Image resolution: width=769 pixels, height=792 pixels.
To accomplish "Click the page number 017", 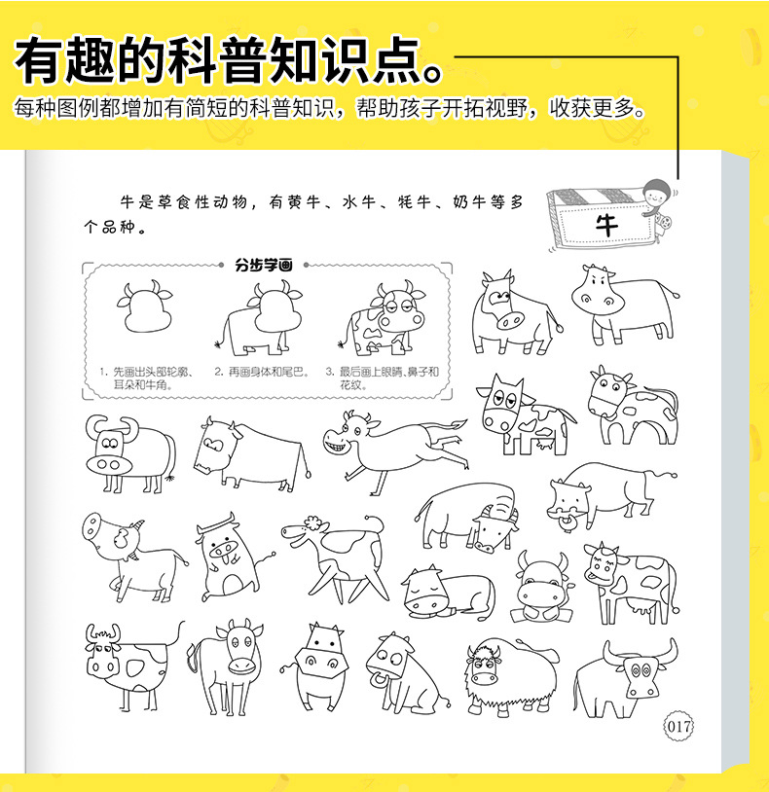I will tap(678, 725).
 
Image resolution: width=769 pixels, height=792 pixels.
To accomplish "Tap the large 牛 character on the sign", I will tap(606, 225).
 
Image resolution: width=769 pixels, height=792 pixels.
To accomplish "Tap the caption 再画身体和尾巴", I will tap(261, 372).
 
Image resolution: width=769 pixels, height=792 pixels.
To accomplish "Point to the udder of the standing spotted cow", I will tap(645, 607).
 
